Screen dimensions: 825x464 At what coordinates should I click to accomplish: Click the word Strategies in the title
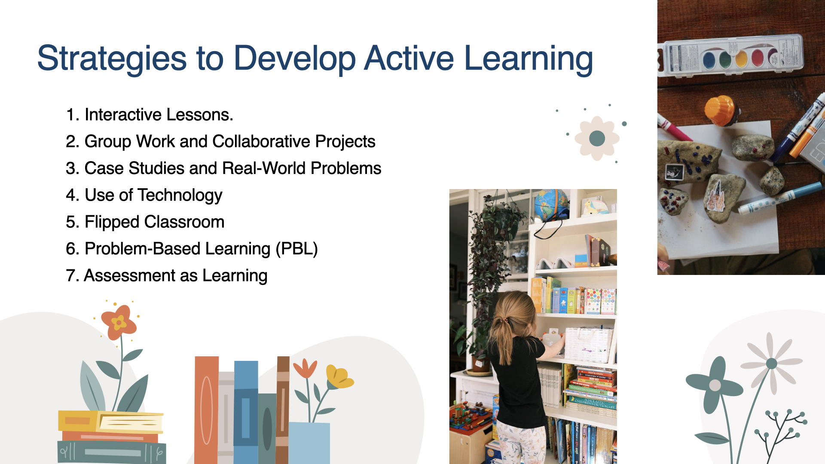[112, 59]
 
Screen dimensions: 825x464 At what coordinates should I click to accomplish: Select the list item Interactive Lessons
[150, 115]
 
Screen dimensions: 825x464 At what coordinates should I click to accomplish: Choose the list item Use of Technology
[144, 195]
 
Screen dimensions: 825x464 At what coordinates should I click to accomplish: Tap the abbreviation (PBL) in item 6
[296, 249]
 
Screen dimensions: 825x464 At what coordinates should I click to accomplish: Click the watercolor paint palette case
[732, 57]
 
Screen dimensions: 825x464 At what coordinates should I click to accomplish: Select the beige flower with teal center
[597, 138]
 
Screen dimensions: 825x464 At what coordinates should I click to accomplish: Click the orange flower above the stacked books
[119, 322]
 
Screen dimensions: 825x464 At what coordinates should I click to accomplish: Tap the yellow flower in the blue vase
[339, 376]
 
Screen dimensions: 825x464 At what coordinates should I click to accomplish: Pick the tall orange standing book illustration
[207, 410]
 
